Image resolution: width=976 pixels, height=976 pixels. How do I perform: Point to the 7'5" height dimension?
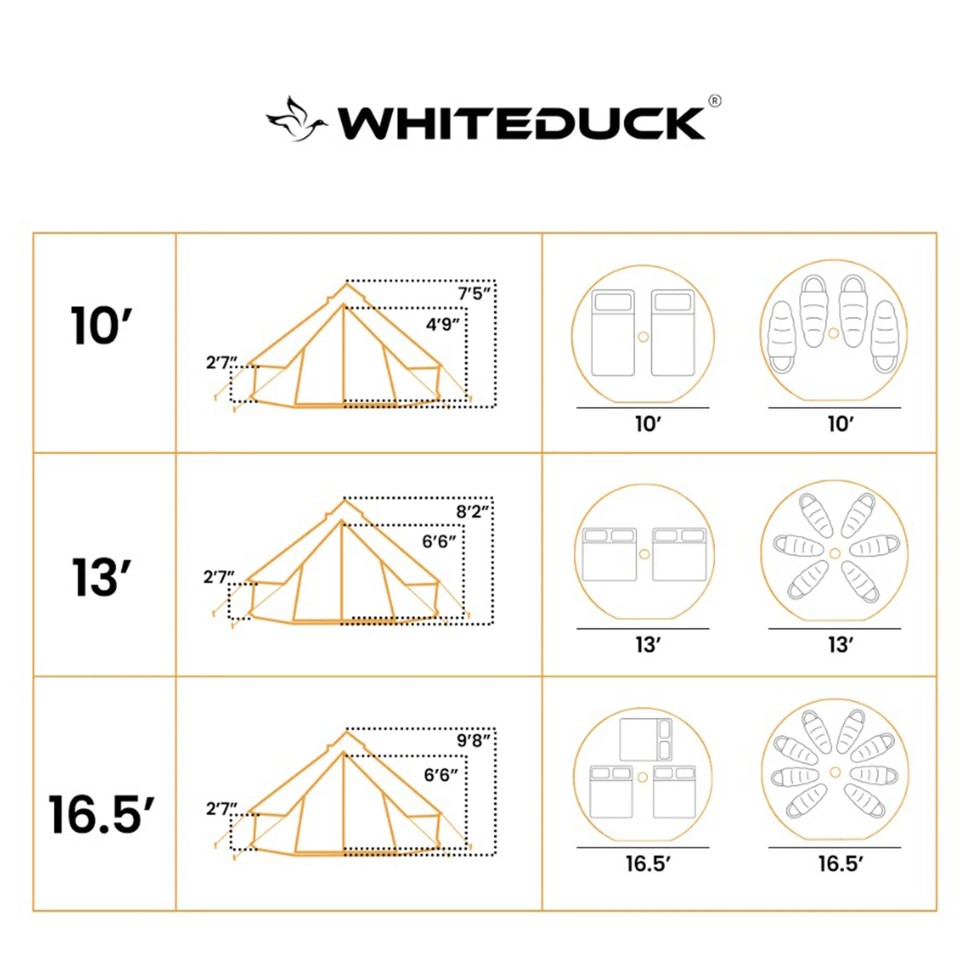pos(473,294)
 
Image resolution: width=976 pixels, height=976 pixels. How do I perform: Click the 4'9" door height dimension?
pos(443,325)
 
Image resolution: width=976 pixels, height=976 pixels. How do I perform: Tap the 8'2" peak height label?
pos(472,512)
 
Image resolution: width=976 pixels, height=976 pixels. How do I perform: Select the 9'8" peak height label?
pos(473,741)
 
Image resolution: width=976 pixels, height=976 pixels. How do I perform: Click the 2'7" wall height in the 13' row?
pos(219,577)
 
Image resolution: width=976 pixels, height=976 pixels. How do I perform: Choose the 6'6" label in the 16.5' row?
pos(440,774)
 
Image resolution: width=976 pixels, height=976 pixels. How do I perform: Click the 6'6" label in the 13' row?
pos(439,542)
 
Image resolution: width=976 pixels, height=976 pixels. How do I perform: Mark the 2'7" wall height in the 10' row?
pos(221,363)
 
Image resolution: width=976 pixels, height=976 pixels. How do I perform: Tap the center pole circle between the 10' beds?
pos(643,337)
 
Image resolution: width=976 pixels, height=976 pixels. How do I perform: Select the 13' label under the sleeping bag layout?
pos(841,645)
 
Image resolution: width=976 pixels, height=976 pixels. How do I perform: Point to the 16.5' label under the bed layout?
pos(648,864)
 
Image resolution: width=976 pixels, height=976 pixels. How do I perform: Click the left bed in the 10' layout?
pos(613,333)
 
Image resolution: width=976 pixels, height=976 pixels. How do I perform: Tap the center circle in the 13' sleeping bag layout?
pos(834,553)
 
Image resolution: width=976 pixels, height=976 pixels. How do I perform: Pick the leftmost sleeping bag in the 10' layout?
pos(782,337)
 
